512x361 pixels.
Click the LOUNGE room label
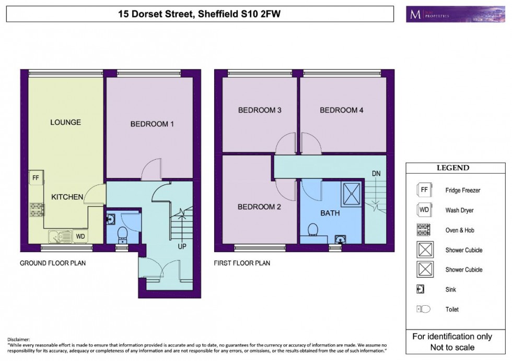(x=65, y=123)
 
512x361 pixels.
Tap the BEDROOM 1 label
(x=152, y=124)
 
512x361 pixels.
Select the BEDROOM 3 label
(x=260, y=110)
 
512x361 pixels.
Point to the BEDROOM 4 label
(x=341, y=110)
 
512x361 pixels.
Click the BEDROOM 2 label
(x=259, y=207)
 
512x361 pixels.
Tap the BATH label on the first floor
(x=330, y=213)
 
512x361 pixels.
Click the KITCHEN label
(x=67, y=197)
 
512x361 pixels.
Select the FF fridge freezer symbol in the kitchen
(x=36, y=177)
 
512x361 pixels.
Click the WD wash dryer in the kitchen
(x=80, y=236)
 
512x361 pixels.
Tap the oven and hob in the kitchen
(x=36, y=209)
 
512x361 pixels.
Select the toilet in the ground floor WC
(x=122, y=233)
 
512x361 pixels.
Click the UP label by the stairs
(x=182, y=246)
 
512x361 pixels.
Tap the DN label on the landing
(x=376, y=173)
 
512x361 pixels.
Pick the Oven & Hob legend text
(x=460, y=231)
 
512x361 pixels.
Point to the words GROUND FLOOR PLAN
(x=52, y=263)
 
